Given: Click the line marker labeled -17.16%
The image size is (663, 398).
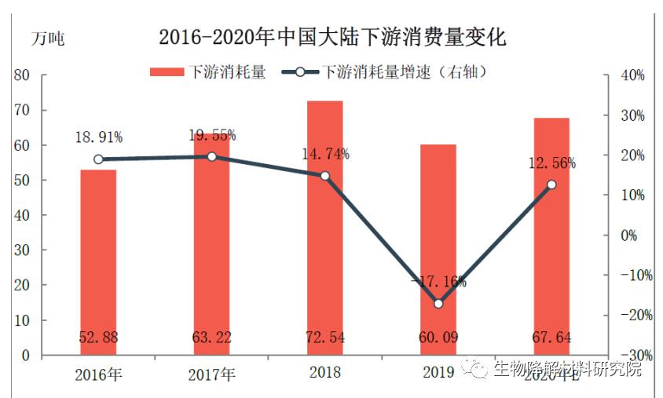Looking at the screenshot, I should (438, 304).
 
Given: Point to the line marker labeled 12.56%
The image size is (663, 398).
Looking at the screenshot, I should (551, 184).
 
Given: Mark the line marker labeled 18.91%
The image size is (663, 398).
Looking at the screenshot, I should (98, 159).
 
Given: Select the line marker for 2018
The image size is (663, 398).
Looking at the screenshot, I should (324, 176).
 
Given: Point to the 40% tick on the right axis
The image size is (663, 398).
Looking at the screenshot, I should (634, 75).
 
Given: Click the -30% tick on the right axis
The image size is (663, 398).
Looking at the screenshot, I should (631, 356).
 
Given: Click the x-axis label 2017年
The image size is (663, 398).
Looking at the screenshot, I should (211, 373).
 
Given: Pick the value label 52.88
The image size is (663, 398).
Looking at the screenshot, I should (98, 338).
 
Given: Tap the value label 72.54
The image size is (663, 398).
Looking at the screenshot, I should (324, 338).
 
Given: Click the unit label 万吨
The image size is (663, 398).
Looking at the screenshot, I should (48, 39).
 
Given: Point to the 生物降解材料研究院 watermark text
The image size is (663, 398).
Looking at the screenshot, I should (567, 369).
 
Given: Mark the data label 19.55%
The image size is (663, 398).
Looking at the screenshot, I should (212, 135).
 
